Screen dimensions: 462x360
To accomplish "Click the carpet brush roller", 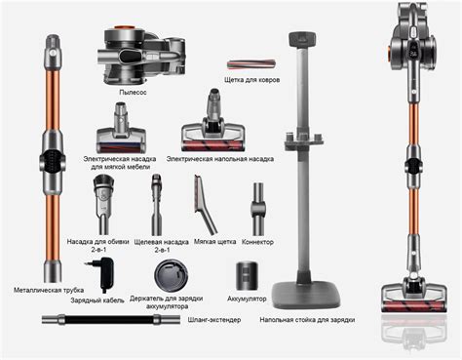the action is (251, 64).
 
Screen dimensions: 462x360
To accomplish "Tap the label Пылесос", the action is (133, 93).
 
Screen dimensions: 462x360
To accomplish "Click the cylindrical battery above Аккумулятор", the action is (247, 275).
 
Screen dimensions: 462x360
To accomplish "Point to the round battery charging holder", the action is (171, 275).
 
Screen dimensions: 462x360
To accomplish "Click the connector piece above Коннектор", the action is (258, 209).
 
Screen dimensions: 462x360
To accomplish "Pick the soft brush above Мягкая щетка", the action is (205, 204).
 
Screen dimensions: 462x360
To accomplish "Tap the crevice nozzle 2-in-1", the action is (157, 205).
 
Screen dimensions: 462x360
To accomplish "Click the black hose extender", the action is (111, 319).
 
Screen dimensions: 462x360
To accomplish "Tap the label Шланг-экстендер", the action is (214, 320).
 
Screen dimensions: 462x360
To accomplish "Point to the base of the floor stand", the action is (306, 295).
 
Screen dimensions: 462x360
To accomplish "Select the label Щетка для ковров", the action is (251, 80).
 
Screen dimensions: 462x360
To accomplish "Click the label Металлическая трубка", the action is (49, 290).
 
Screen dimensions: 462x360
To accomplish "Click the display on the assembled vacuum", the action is (414, 50).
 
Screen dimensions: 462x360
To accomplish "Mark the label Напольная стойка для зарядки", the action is (307, 320).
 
